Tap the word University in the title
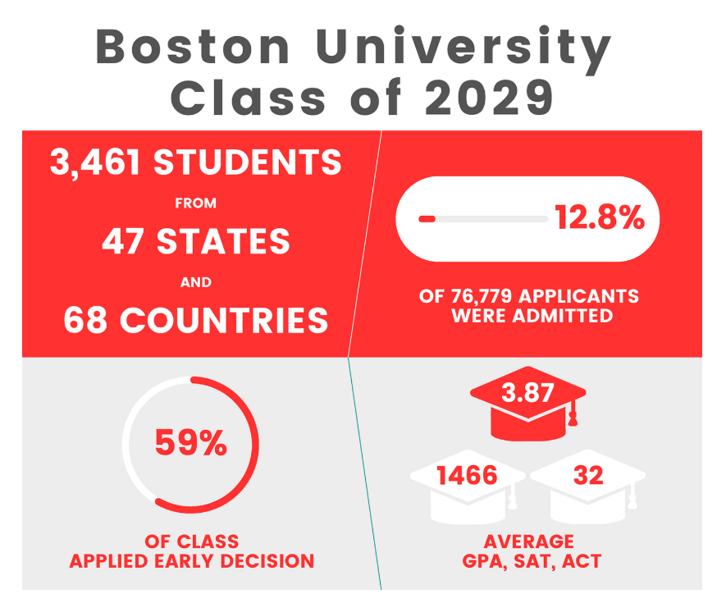click(x=463, y=47)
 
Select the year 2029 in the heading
click(x=490, y=98)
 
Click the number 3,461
click(x=97, y=162)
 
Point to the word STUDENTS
click(x=248, y=162)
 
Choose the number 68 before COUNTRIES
click(x=86, y=321)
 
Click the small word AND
click(x=196, y=282)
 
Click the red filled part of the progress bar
click(x=427, y=219)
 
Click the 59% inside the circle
click(x=190, y=444)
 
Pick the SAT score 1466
click(x=466, y=475)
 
